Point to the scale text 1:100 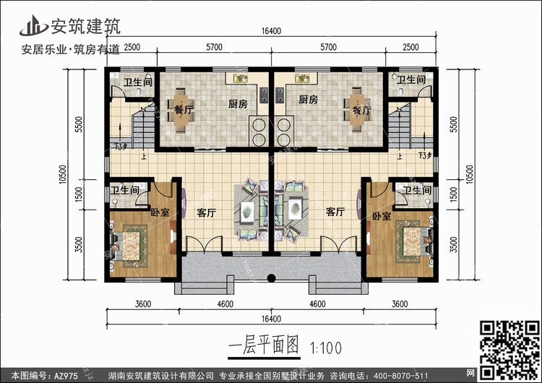(x=326, y=347)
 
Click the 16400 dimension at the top (x=272, y=32)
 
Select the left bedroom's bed (x=131, y=238)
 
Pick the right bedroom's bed (x=410, y=238)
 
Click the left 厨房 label (x=238, y=103)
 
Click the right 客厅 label (x=335, y=212)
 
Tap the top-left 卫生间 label (x=137, y=82)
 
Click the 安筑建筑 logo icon (x=33, y=25)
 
